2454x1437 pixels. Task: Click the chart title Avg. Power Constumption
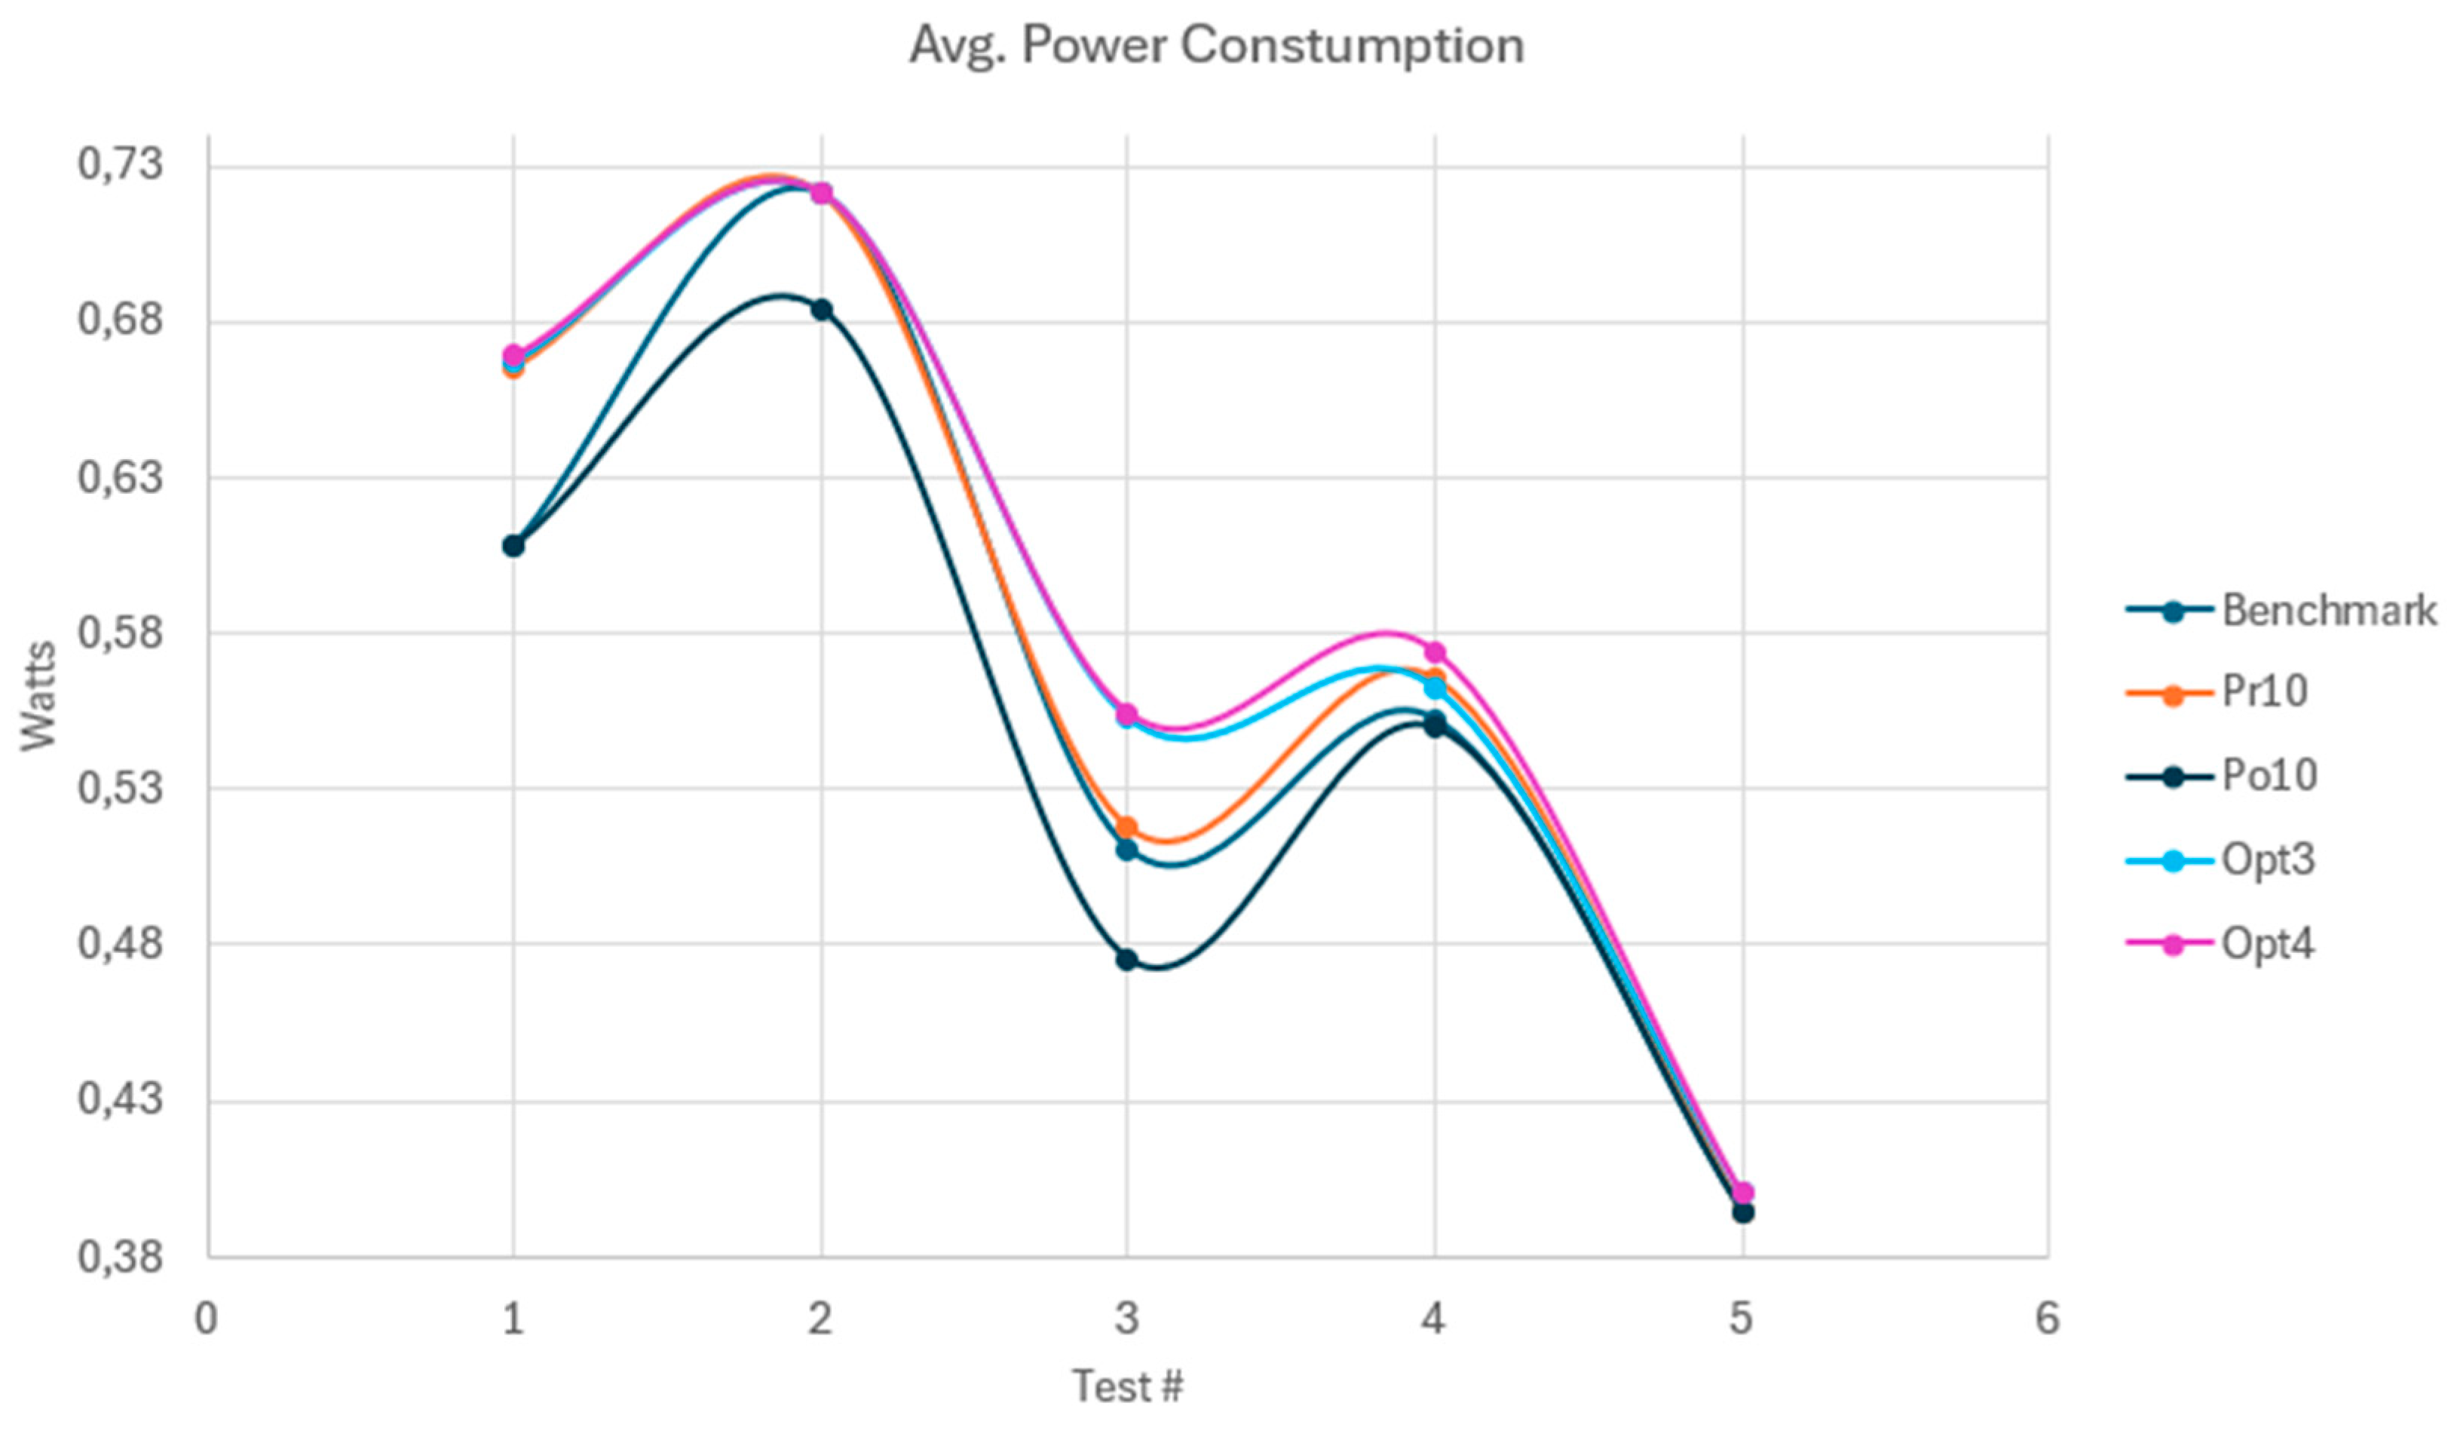[x=1216, y=46]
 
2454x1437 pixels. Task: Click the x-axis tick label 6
[x=2047, y=1319]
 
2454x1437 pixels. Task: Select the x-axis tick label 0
[x=206, y=1319]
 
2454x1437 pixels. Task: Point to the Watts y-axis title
[x=39, y=696]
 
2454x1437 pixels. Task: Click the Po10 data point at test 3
[x=1126, y=960]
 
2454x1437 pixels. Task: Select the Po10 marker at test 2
[x=821, y=310]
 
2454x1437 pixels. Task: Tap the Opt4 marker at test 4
[x=1435, y=651]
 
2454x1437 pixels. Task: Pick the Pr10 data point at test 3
[x=1126, y=828]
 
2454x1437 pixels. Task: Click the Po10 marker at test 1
[x=513, y=546]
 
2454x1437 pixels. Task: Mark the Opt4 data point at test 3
[x=1126, y=715]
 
